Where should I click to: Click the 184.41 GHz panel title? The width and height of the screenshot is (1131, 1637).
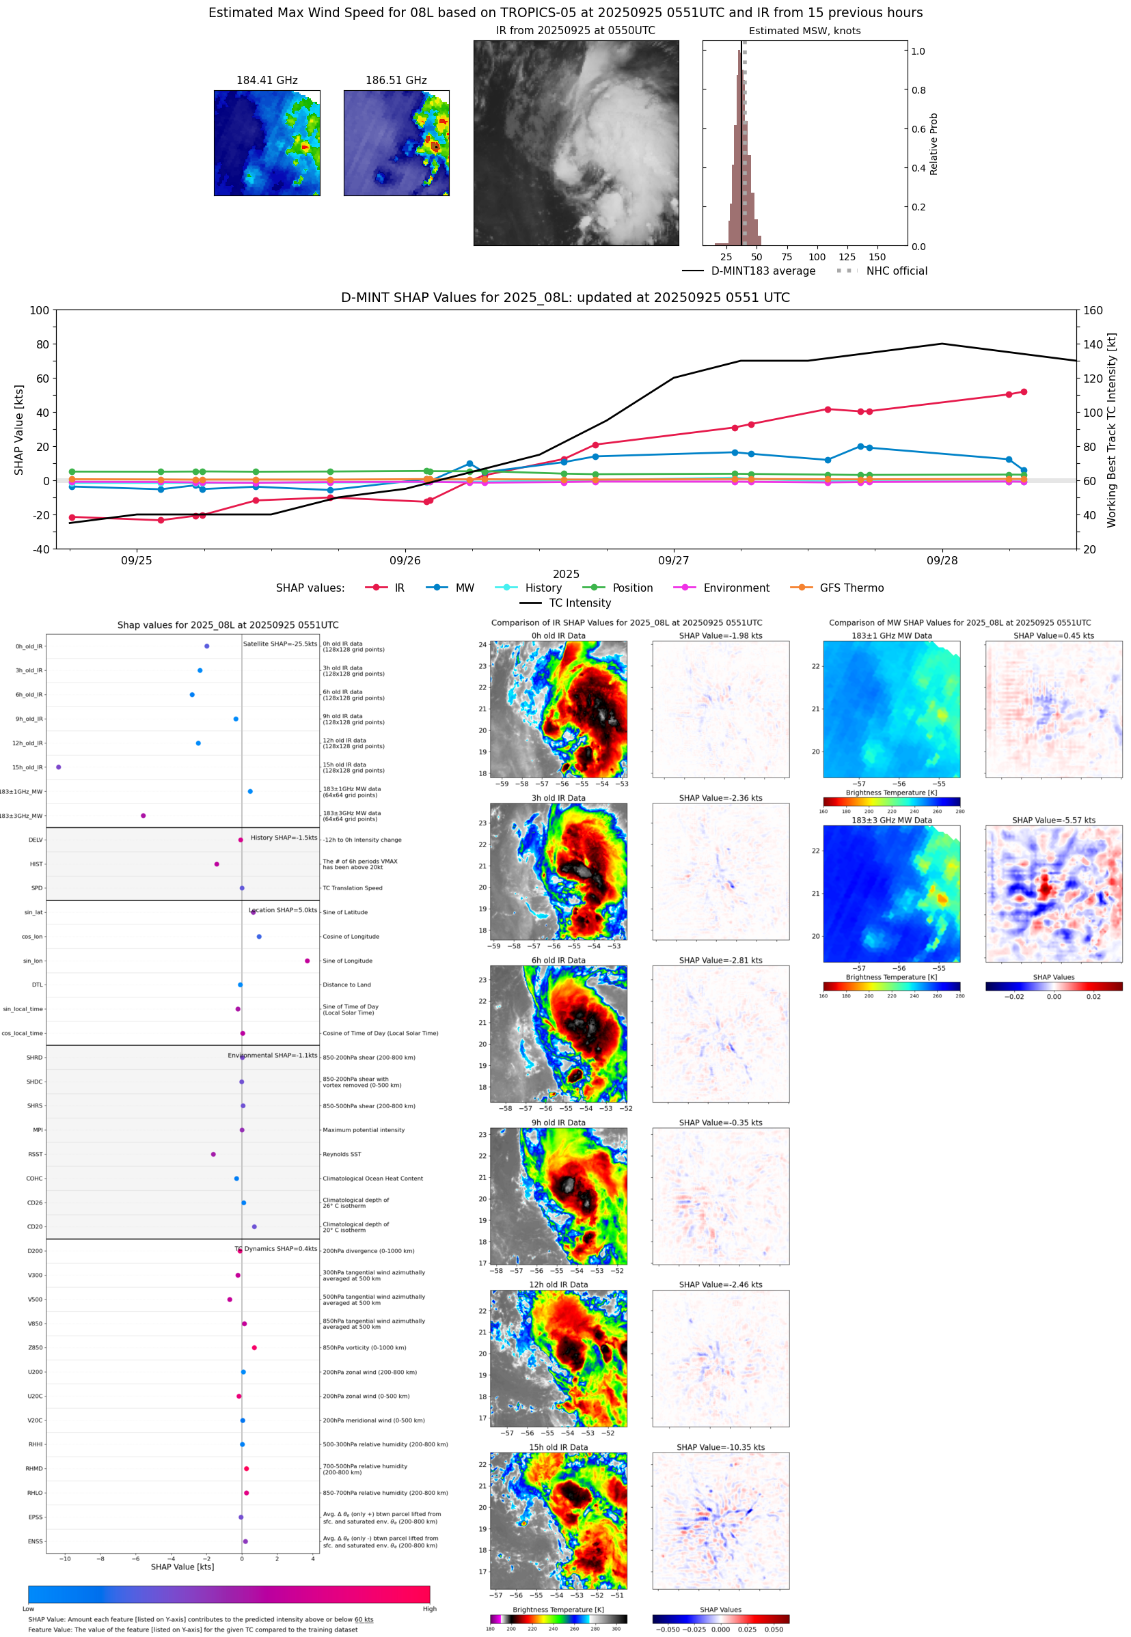click(x=267, y=81)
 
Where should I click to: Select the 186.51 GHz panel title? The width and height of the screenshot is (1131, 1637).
click(x=396, y=81)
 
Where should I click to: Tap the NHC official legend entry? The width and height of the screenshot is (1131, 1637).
click(x=896, y=271)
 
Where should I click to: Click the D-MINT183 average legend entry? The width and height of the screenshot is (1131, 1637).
click(x=763, y=271)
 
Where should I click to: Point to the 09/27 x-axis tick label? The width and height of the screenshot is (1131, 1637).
click(x=672, y=560)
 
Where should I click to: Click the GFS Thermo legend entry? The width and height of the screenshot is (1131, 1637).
click(x=851, y=588)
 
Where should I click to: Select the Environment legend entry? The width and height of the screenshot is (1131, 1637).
click(x=735, y=588)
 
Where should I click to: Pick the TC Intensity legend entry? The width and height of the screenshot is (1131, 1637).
click(x=579, y=603)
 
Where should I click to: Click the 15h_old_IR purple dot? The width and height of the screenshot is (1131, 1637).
click(x=59, y=767)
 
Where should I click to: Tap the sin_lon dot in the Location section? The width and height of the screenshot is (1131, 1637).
click(x=307, y=961)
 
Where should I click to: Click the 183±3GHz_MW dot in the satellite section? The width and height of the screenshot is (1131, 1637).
click(x=143, y=815)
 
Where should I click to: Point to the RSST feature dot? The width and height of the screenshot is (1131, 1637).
click(x=213, y=1154)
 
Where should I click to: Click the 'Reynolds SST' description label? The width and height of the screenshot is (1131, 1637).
click(x=342, y=1154)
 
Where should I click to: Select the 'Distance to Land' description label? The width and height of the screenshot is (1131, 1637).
click(x=346, y=985)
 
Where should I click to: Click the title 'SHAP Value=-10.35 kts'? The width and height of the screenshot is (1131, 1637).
click(x=720, y=1447)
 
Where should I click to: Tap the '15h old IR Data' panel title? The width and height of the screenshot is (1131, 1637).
click(x=558, y=1447)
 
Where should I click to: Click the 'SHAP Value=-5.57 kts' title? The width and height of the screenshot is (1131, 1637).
click(x=1053, y=821)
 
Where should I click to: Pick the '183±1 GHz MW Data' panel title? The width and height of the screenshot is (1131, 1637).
click(x=892, y=636)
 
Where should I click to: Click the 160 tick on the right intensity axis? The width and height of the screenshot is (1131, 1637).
click(x=1093, y=310)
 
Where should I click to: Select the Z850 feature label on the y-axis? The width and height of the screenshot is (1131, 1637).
click(x=36, y=1348)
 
